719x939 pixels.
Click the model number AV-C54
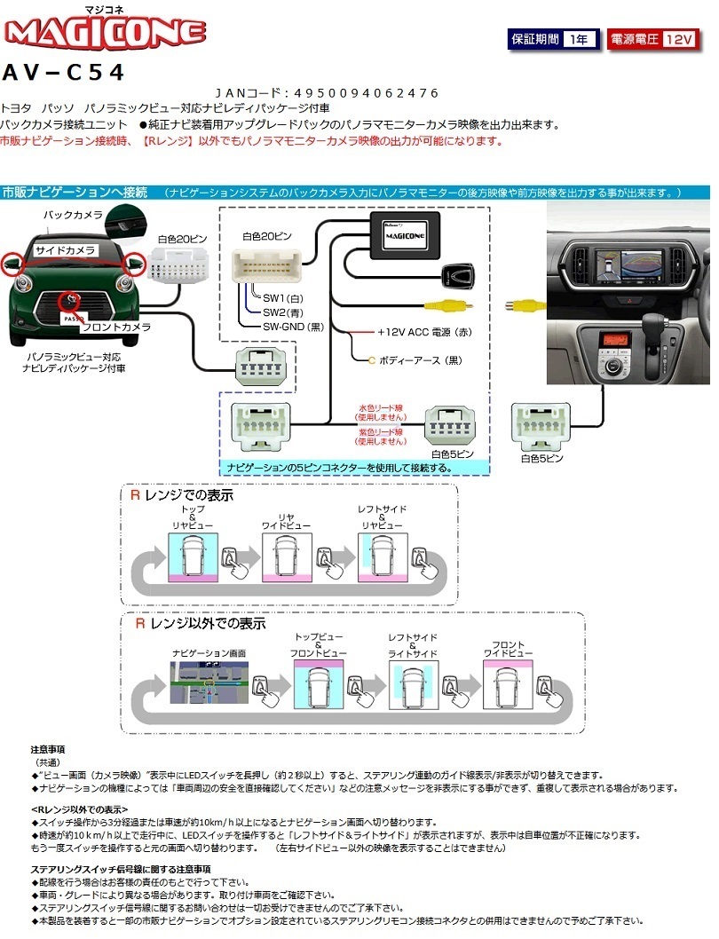click(x=63, y=72)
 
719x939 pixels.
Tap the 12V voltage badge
click(x=678, y=40)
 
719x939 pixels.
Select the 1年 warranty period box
click(x=580, y=40)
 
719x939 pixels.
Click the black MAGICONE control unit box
click(x=404, y=236)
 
